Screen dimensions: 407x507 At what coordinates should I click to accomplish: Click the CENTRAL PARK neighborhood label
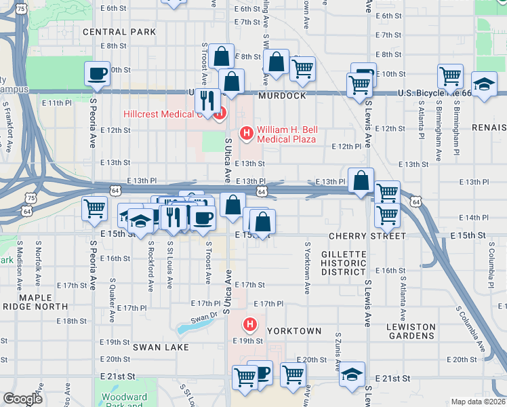(119, 32)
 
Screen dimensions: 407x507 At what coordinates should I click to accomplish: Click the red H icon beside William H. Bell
(247, 132)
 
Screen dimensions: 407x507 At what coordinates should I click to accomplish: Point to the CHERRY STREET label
(367, 236)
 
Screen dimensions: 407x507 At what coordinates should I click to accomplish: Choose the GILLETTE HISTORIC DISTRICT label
(343, 263)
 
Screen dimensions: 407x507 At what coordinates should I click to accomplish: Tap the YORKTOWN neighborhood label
(294, 331)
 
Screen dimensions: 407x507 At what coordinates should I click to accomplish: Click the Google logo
(23, 399)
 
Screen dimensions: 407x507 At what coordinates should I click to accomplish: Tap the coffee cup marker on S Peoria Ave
(97, 73)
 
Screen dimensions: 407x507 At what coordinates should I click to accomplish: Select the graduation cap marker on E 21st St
(351, 375)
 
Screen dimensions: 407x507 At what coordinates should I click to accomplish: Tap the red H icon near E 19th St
(250, 324)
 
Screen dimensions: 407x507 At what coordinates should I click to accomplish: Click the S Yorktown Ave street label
(307, 268)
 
